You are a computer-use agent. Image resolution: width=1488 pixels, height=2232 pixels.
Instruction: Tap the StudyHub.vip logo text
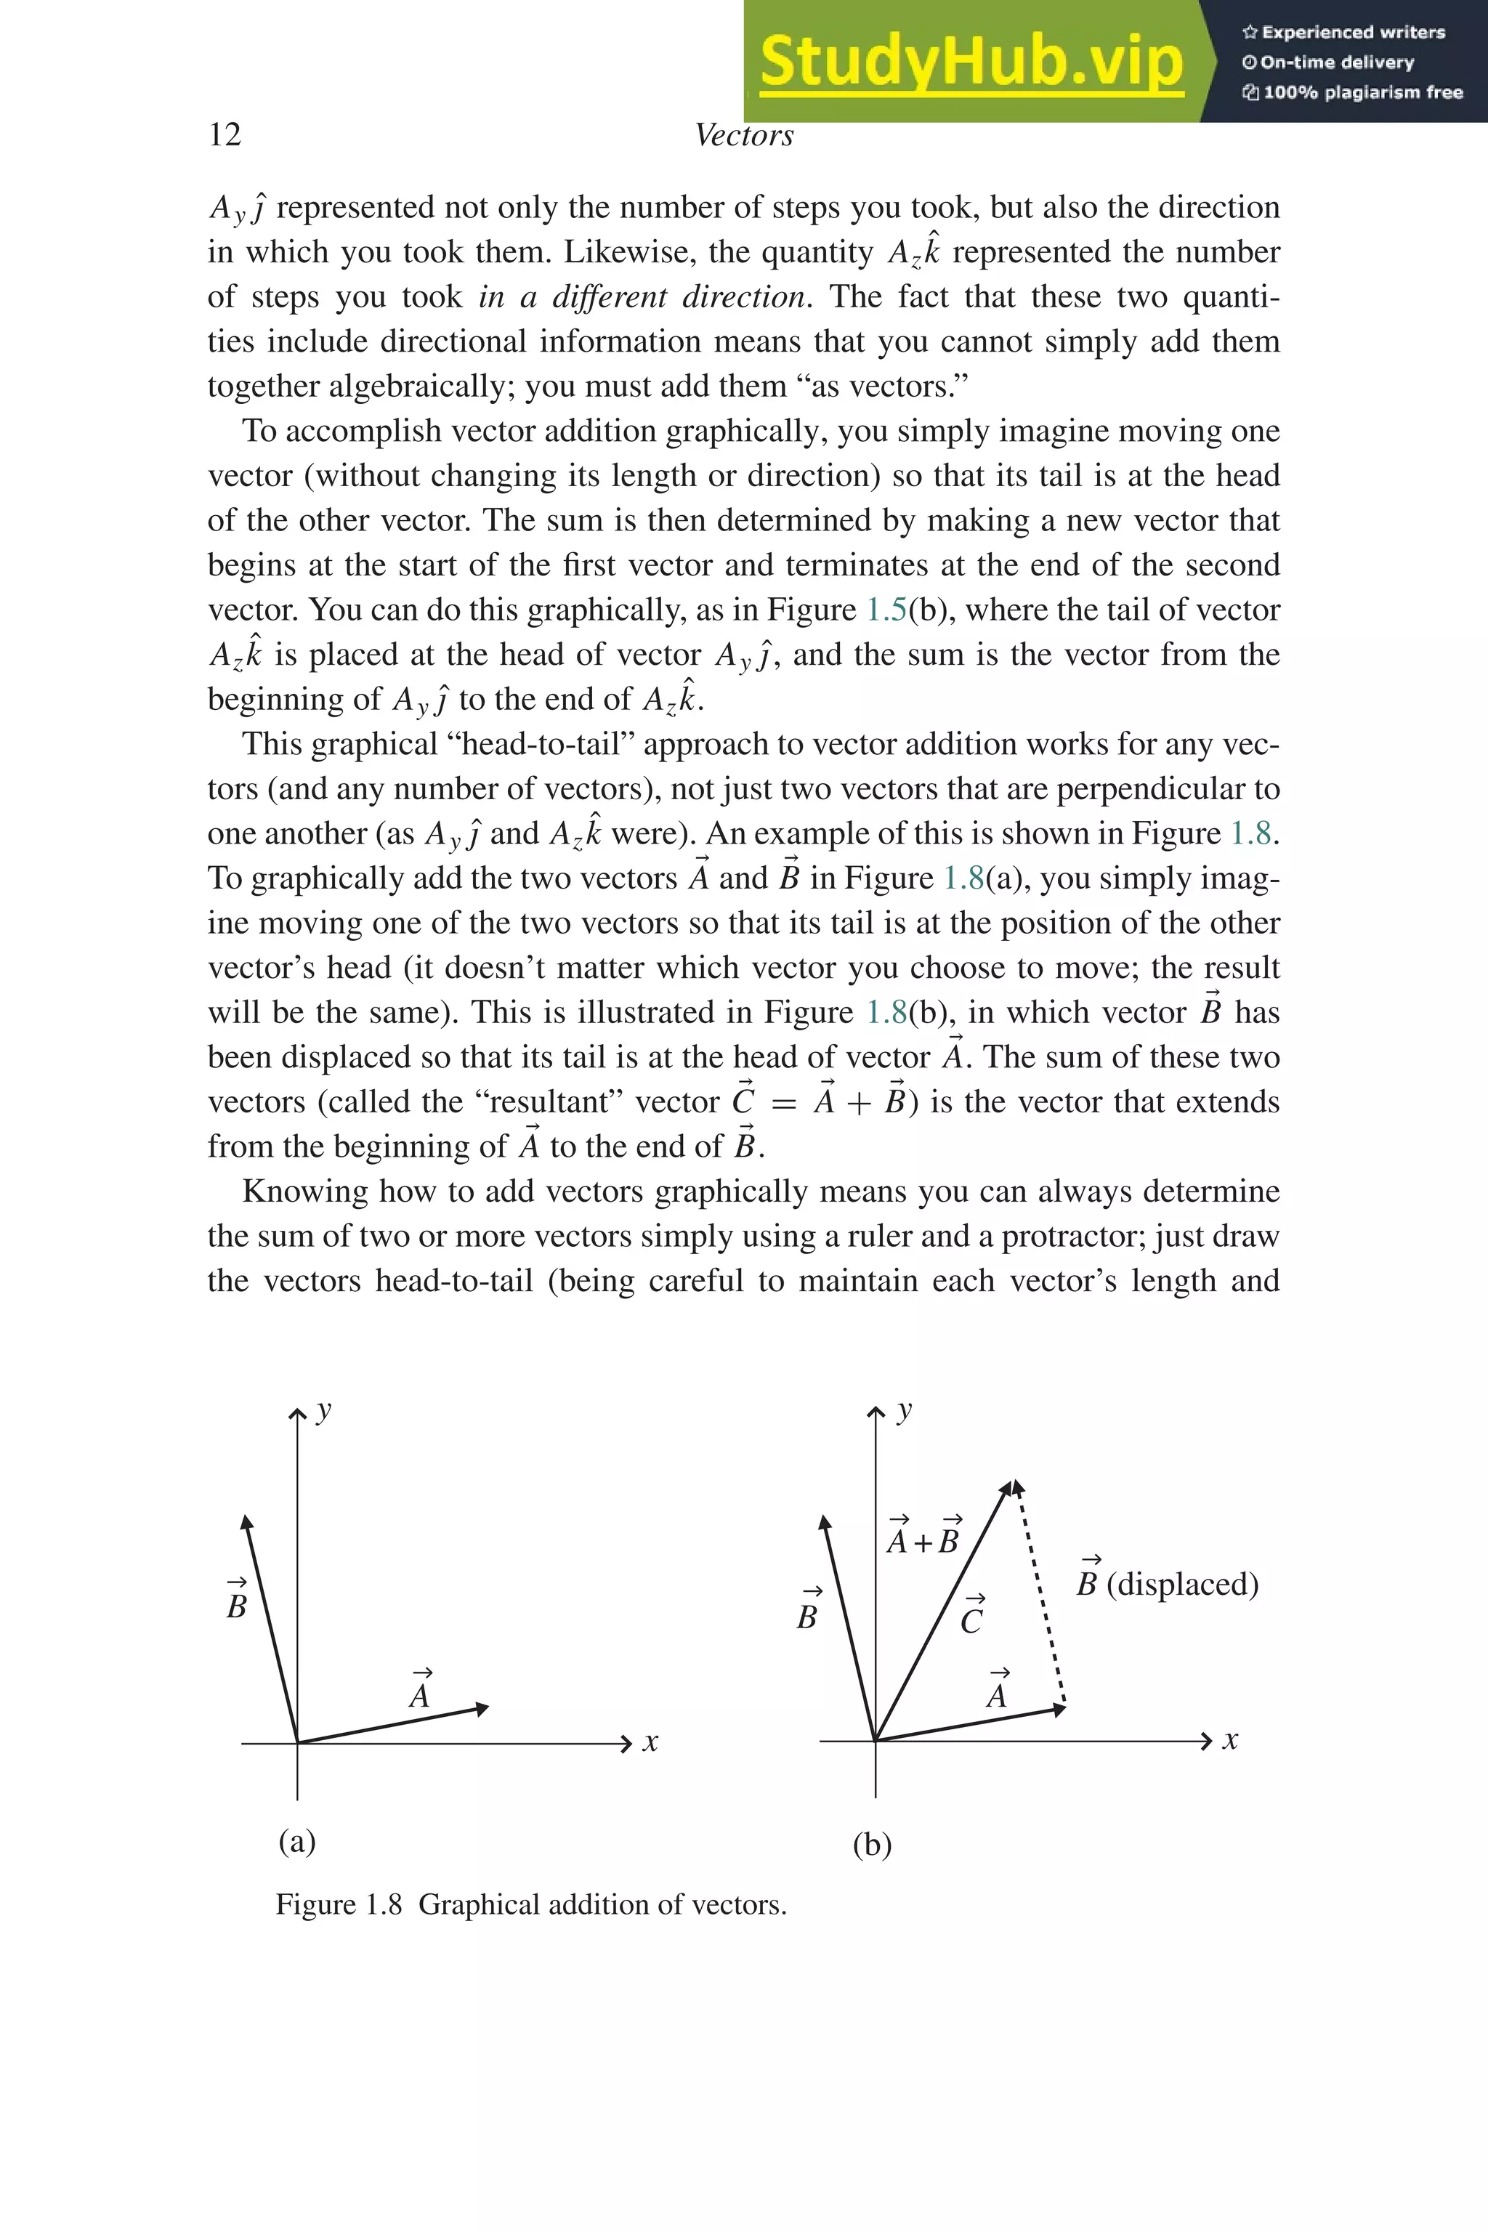pyautogui.click(x=971, y=61)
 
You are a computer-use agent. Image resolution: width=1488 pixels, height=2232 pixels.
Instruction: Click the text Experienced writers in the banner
pyautogui.click(x=1351, y=32)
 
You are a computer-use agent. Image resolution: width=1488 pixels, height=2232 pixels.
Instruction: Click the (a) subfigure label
pyautogui.click(x=297, y=1840)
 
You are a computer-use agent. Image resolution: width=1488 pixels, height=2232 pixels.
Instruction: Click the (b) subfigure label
pyautogui.click(x=872, y=1844)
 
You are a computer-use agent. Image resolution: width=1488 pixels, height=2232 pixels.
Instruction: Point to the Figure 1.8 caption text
pyautogui.click(x=530, y=1904)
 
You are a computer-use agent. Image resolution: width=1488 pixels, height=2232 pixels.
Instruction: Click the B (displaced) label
pyautogui.click(x=1168, y=1583)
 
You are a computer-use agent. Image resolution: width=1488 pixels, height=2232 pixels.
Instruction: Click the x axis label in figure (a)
pyautogui.click(x=650, y=1742)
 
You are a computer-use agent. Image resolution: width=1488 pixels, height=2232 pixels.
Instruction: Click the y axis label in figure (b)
pyautogui.click(x=905, y=1410)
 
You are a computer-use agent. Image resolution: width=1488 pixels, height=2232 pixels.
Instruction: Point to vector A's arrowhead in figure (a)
pyautogui.click(x=482, y=1708)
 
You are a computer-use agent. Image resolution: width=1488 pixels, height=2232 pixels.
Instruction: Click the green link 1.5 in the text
pyautogui.click(x=886, y=610)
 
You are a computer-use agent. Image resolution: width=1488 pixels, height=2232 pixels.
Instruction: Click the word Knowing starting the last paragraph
pyautogui.click(x=304, y=1191)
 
